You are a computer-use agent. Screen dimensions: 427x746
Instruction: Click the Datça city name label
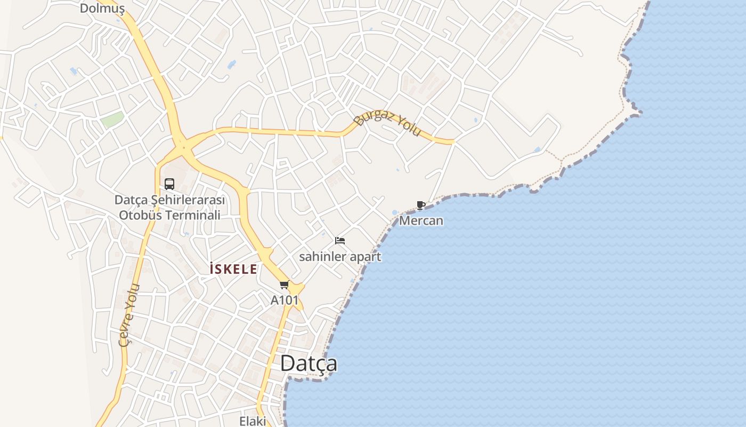pyautogui.click(x=309, y=363)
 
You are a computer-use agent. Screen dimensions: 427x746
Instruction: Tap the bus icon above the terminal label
pyautogui.click(x=169, y=184)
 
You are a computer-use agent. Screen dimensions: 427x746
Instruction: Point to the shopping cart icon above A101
pyautogui.click(x=285, y=285)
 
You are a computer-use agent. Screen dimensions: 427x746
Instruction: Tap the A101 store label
pyautogui.click(x=285, y=300)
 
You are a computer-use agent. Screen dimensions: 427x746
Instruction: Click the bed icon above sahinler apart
pyautogui.click(x=340, y=241)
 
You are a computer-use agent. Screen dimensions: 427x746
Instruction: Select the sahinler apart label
pyautogui.click(x=340, y=257)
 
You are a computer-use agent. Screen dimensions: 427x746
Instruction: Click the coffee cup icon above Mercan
pyautogui.click(x=420, y=205)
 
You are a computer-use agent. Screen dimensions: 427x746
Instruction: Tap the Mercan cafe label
pyautogui.click(x=421, y=220)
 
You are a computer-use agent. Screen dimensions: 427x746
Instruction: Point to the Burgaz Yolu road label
pyautogui.click(x=388, y=123)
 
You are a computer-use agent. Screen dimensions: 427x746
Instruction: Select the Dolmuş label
pyautogui.click(x=102, y=8)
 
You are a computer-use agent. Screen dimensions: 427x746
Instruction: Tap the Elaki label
pyautogui.click(x=252, y=421)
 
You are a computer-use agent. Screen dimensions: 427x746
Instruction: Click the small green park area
pyautogui.click(x=112, y=119)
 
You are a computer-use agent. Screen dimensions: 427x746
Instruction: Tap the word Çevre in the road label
pyautogui.click(x=126, y=331)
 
